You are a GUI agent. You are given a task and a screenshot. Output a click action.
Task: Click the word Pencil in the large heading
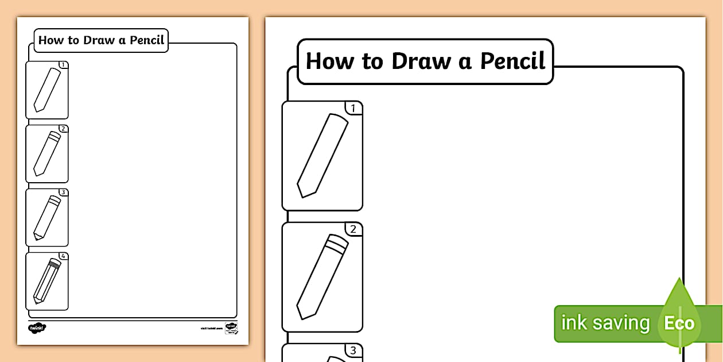512,61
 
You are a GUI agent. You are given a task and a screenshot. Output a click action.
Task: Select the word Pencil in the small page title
147,40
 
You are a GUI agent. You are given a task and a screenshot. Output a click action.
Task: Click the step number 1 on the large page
353,108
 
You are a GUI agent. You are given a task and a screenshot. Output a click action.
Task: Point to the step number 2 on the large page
353,229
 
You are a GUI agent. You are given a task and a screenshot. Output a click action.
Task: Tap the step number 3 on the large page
353,351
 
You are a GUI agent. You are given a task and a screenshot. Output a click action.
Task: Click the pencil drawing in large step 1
322,155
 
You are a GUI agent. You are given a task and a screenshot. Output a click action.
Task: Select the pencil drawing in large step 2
322,276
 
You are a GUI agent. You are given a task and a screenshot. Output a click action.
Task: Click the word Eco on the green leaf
679,323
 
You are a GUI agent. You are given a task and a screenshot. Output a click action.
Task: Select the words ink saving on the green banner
605,323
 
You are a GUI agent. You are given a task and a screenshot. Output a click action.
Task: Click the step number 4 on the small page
64,256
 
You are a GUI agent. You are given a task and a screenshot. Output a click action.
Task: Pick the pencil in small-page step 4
47,281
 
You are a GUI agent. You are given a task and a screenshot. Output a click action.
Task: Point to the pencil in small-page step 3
47,217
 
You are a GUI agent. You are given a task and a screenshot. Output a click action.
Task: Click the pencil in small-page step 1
47,90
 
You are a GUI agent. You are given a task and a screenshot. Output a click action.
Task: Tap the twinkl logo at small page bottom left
37,328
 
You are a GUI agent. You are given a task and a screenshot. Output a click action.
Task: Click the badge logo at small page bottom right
231,328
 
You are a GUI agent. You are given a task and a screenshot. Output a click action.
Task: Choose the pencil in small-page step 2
47,153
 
